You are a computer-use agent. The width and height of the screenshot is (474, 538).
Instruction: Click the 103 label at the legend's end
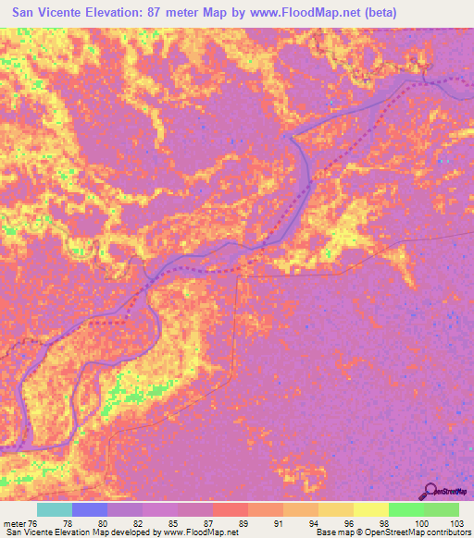pos(452,522)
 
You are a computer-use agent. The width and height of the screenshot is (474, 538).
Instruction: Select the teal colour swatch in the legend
pos(55,509)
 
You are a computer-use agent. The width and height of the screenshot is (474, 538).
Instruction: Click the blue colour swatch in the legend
pos(90,509)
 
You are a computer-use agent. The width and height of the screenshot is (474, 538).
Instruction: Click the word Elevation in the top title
pos(131,13)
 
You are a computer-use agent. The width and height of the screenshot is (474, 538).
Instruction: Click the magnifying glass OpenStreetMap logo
pos(430,490)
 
